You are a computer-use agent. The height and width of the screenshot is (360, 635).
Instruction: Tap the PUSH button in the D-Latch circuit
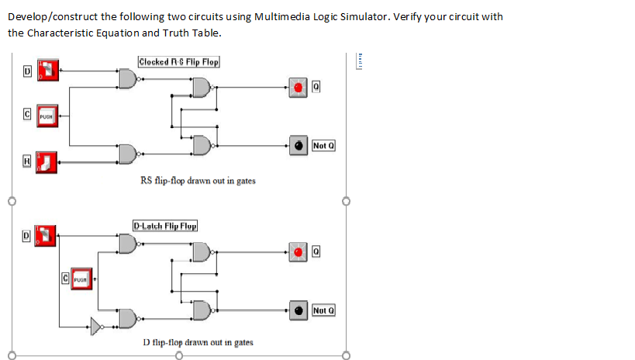click(x=81, y=277)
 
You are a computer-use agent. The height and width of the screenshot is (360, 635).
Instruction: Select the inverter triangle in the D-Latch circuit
click(x=96, y=324)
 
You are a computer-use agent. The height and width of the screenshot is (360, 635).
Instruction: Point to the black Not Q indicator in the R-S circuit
click(x=298, y=145)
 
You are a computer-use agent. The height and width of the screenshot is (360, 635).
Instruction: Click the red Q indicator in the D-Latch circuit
click(x=299, y=251)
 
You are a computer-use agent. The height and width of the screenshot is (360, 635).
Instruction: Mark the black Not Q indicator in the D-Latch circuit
click(x=299, y=311)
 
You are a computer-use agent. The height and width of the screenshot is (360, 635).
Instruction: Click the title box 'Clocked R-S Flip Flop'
click(x=179, y=61)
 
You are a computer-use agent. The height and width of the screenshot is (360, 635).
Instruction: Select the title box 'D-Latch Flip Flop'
click(x=165, y=226)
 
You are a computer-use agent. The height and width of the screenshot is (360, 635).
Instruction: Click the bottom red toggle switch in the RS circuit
click(x=47, y=161)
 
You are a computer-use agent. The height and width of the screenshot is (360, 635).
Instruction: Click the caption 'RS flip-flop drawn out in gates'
click(x=198, y=181)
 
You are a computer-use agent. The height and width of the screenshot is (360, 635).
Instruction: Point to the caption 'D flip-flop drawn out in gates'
click(x=198, y=341)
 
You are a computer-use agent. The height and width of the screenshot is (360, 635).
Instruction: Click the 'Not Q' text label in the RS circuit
click(x=323, y=145)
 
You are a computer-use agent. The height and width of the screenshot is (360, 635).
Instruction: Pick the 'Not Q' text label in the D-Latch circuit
click(x=323, y=311)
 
